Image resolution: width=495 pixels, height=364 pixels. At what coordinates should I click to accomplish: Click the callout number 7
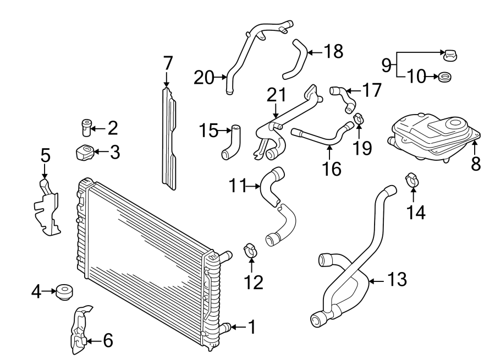168,63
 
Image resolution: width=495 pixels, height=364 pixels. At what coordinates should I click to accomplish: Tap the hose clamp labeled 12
251,250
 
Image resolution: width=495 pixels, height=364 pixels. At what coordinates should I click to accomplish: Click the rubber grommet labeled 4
64,292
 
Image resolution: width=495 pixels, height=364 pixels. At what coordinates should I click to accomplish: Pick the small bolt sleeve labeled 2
86,127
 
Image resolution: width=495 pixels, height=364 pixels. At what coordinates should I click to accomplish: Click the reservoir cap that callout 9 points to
450,56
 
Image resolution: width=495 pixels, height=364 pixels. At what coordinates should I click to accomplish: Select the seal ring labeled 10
444,77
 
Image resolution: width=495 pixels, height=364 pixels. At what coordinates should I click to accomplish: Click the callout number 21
277,95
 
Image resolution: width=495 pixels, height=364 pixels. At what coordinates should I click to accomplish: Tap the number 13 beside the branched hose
397,279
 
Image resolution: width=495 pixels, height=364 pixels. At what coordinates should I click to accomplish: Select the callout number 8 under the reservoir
476,164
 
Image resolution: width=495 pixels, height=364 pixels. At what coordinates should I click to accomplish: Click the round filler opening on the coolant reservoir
455,122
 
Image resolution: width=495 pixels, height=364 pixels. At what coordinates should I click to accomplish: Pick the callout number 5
46,156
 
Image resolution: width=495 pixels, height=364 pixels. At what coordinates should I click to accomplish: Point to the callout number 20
204,78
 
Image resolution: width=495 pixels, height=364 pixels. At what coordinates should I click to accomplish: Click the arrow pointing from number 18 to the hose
315,52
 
